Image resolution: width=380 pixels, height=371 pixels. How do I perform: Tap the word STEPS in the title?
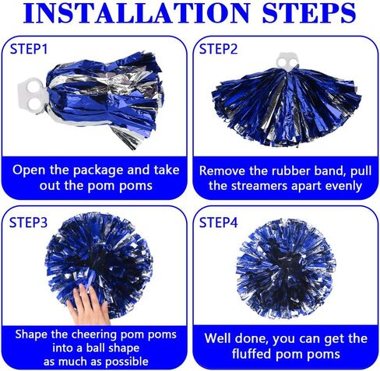(309, 12)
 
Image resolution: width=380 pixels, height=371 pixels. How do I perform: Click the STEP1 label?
(29, 49)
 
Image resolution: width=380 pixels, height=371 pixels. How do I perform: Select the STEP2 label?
(218, 49)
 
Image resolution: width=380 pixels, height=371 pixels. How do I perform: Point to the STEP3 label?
(28, 222)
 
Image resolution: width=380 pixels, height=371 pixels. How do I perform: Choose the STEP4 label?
(218, 222)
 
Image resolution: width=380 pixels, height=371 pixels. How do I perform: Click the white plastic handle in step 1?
(33, 96)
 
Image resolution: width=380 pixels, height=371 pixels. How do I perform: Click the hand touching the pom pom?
(90, 306)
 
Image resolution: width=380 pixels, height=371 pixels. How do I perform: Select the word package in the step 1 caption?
(98, 171)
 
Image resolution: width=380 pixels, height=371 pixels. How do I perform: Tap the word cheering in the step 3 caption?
(94, 335)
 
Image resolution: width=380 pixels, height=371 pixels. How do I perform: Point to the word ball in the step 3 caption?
(95, 348)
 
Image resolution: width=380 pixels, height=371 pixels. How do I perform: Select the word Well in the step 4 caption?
(216, 338)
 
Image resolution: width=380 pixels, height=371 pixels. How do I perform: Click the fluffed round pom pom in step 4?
(286, 268)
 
